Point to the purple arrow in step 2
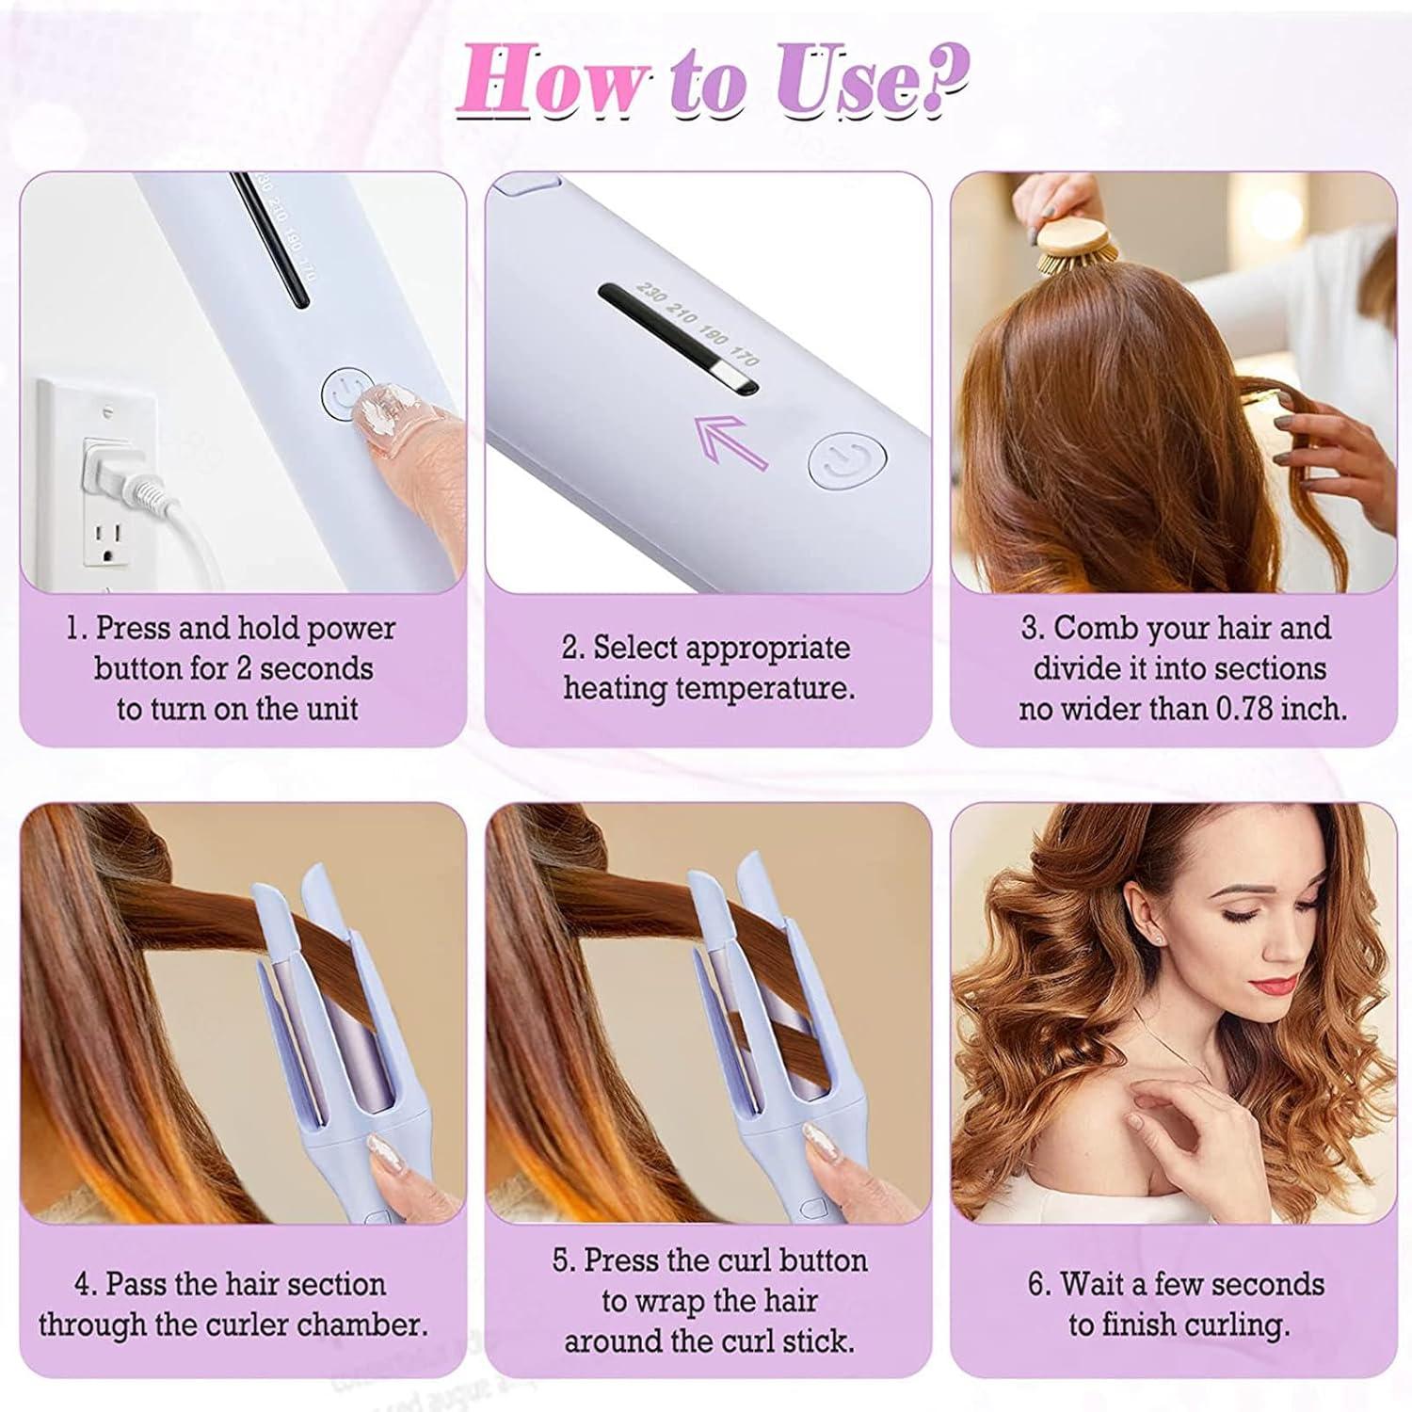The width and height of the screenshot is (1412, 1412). pos(730,443)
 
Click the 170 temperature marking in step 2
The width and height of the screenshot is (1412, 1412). pos(744,357)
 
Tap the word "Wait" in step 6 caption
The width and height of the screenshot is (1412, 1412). pos(1094,1285)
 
